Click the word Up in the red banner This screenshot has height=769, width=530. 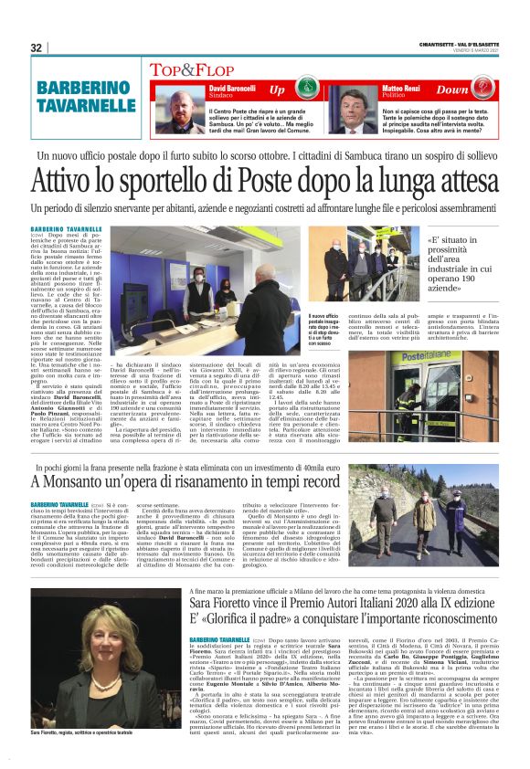pos(277,90)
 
